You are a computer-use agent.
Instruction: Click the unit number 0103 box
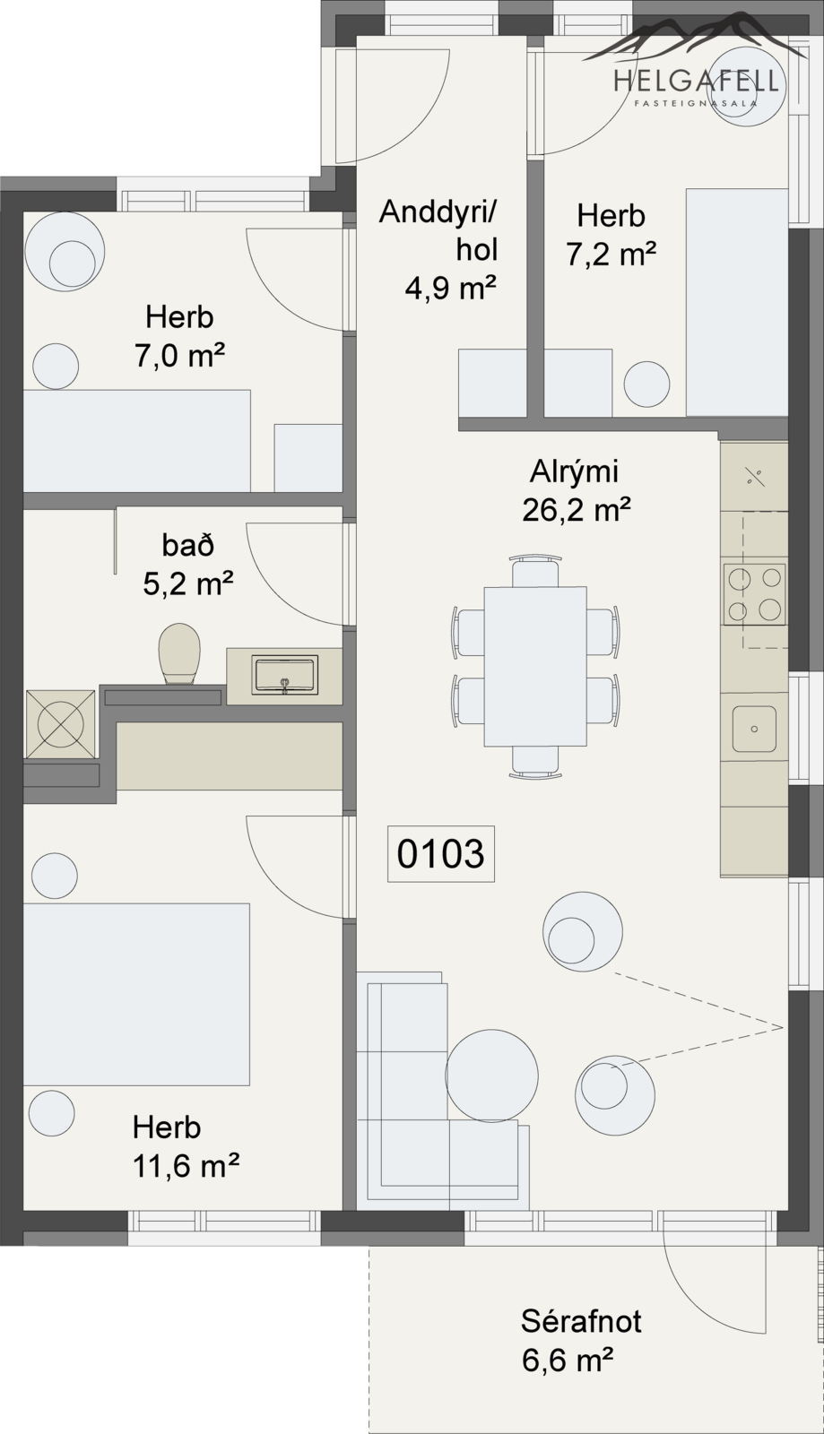click(x=440, y=853)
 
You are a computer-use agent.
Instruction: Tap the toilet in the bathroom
click(x=178, y=653)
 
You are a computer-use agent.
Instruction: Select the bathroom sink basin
click(x=285, y=675)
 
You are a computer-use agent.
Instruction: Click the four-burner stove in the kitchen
click(x=754, y=594)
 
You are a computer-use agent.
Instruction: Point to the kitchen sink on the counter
click(x=754, y=729)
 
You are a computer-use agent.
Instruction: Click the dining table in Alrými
click(x=535, y=667)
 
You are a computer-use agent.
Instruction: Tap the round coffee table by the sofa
click(x=491, y=1075)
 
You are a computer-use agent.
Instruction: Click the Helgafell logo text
click(x=697, y=82)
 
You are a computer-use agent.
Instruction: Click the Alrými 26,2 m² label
click(x=577, y=491)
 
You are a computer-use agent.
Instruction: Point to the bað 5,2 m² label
click(x=187, y=565)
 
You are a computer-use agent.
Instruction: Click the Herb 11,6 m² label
click(x=186, y=1146)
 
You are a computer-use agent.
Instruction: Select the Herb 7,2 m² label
click(x=611, y=235)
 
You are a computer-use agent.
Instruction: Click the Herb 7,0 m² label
click(x=179, y=336)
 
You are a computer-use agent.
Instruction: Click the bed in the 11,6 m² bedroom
click(x=136, y=994)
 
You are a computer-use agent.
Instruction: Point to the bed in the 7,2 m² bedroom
click(x=737, y=302)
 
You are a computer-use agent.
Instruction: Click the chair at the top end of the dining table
click(x=535, y=573)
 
